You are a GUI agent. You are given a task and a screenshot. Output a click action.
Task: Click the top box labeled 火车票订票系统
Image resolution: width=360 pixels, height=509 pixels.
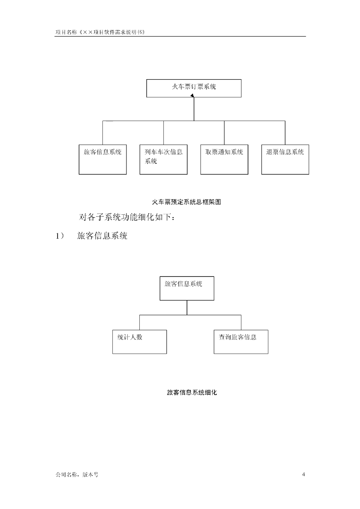pos(194,88)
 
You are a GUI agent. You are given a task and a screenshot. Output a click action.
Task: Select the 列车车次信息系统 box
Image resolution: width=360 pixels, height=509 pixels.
pos(163,160)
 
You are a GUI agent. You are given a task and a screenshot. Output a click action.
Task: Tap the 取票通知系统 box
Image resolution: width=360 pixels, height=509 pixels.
pos(224,160)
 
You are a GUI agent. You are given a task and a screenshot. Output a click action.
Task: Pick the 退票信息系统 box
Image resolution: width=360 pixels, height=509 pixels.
pos(285,160)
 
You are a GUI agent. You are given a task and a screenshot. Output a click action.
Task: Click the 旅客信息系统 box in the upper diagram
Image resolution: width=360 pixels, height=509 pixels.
pos(102,160)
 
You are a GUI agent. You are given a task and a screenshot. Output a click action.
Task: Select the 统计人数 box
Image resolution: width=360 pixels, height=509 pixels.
pos(140,342)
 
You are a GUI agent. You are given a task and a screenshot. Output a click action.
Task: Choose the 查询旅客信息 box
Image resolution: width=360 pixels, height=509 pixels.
pos(241,342)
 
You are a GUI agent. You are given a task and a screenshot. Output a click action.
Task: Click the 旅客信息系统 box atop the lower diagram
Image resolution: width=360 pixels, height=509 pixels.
pos(187,288)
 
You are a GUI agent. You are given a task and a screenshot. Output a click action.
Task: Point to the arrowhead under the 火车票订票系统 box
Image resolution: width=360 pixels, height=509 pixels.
pos(192,96)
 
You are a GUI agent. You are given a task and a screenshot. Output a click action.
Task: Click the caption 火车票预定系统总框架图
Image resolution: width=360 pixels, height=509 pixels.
pos(187,202)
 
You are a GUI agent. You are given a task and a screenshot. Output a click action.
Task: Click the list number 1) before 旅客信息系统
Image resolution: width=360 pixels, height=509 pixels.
pos(60,236)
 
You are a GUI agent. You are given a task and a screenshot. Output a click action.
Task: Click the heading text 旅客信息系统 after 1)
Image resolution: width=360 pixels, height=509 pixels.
pos(102,236)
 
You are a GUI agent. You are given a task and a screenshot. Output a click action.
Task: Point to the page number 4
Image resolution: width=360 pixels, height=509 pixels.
pos(303,474)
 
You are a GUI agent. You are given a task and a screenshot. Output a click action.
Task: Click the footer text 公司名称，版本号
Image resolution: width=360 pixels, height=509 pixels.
pos(77,475)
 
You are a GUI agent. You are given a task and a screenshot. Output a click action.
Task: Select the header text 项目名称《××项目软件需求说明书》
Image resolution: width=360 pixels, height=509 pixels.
pos(100,32)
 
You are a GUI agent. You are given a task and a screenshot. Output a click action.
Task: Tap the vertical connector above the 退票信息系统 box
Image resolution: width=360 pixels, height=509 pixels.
pos(285,133)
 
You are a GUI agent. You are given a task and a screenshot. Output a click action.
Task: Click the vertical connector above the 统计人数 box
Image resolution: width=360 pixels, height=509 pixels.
pos(139,322)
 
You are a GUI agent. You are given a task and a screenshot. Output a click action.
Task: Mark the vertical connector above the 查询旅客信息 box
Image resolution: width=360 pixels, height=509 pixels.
pos(241,322)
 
